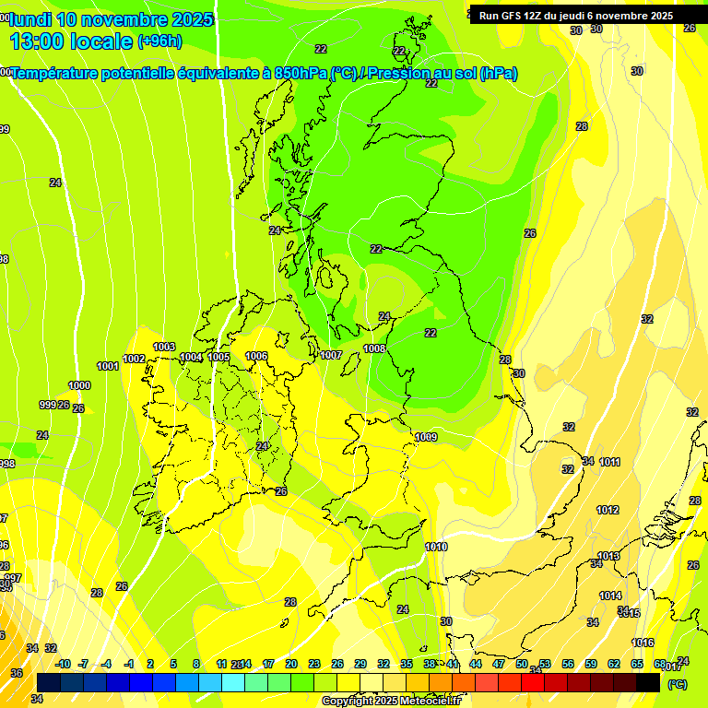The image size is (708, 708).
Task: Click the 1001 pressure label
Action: point(108,366)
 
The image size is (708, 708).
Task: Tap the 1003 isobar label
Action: point(164,347)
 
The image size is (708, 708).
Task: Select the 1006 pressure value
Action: point(256,356)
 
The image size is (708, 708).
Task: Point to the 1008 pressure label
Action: point(374,348)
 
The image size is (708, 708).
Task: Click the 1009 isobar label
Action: point(426,437)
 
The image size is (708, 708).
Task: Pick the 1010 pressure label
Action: point(436,547)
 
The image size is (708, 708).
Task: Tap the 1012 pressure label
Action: point(608,510)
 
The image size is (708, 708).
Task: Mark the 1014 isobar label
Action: point(610,596)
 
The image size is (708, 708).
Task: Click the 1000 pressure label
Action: point(79,385)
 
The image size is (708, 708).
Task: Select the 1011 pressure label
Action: point(609,462)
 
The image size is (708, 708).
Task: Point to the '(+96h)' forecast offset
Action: point(159,41)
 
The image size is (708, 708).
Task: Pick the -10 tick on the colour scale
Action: point(63,664)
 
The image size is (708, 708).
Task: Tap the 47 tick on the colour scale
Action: point(499,664)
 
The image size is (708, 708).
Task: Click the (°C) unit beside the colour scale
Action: point(678,684)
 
